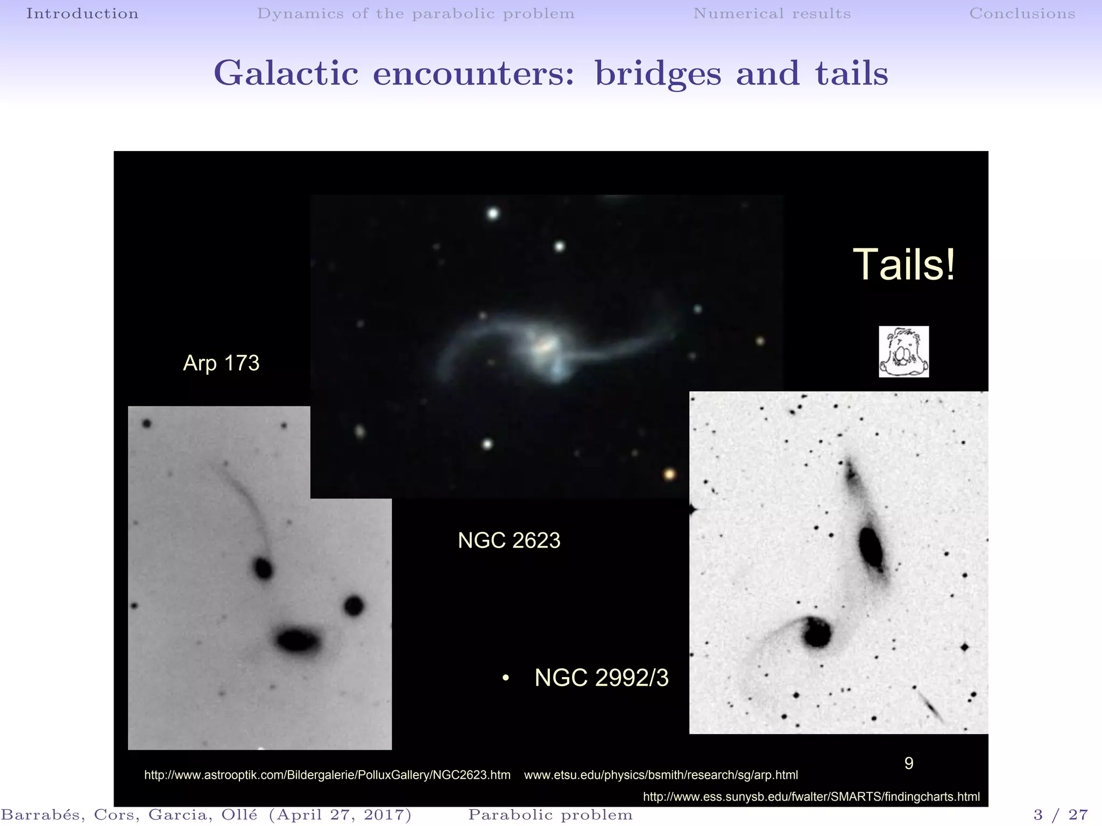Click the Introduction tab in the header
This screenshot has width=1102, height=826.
tap(82, 13)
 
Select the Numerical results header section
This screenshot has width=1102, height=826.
tap(772, 13)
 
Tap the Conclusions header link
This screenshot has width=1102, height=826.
tap(1022, 13)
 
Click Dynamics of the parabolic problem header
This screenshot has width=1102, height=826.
tap(415, 13)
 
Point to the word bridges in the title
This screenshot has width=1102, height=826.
tap(658, 74)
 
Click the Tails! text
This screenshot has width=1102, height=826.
tap(904, 265)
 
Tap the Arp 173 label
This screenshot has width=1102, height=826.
tap(221, 363)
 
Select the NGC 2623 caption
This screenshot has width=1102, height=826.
tap(509, 540)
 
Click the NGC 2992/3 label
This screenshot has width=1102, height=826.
tap(601, 678)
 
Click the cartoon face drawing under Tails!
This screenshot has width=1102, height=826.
tap(903, 352)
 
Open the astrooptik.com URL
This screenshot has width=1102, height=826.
tap(327, 775)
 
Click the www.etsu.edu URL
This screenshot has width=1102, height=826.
tap(661, 775)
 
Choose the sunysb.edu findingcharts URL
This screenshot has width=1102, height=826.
tap(811, 796)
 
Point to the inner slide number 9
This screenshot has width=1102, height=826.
tap(909, 763)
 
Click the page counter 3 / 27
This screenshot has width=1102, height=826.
tap(1061, 815)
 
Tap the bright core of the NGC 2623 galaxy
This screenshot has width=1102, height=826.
tap(545, 346)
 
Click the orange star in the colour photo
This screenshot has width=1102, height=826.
tap(669, 474)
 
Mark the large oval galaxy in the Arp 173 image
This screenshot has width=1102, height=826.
tap(298, 640)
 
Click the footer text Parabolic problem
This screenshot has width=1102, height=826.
tap(550, 815)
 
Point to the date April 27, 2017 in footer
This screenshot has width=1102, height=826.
tap(340, 815)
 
